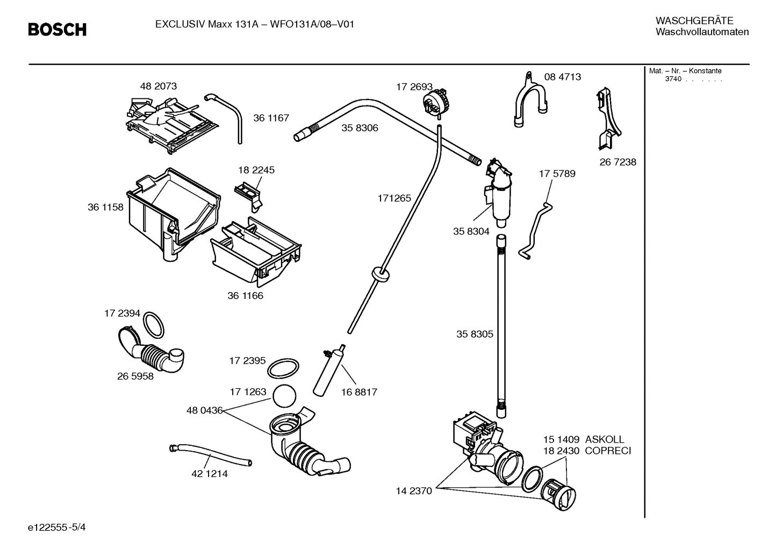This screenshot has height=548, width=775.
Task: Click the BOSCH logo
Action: click(57, 30)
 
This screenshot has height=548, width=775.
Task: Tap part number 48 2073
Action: click(158, 86)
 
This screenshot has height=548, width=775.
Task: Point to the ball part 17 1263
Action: click(285, 396)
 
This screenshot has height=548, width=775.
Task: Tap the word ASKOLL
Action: click(604, 439)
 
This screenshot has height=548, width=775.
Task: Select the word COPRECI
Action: click(607, 451)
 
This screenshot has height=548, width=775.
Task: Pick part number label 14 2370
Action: click(414, 491)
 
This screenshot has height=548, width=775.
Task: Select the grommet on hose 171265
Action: click(380, 274)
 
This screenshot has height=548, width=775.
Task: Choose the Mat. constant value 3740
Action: click(673, 79)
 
